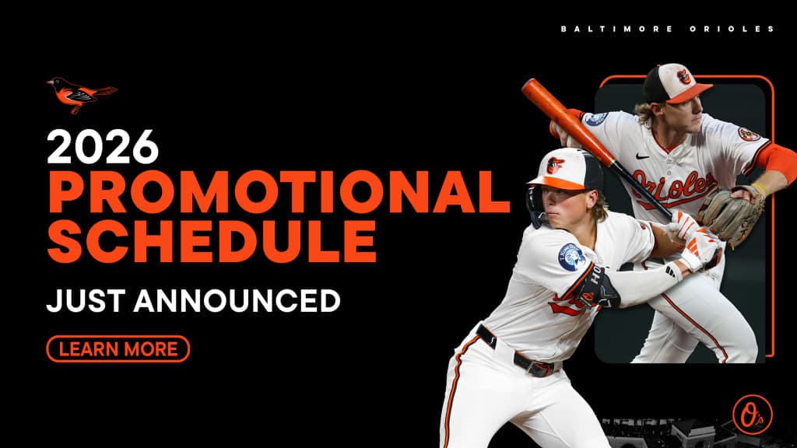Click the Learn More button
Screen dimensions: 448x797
pos(118,348)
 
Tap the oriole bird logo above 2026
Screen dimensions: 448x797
pos(80,93)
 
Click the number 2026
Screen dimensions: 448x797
pos(103,147)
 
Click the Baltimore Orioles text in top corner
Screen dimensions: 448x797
pos(667,29)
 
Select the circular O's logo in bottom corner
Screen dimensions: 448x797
pos(747,410)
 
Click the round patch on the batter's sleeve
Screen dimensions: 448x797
pos(572,257)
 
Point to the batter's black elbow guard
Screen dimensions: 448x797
pos(599,286)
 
